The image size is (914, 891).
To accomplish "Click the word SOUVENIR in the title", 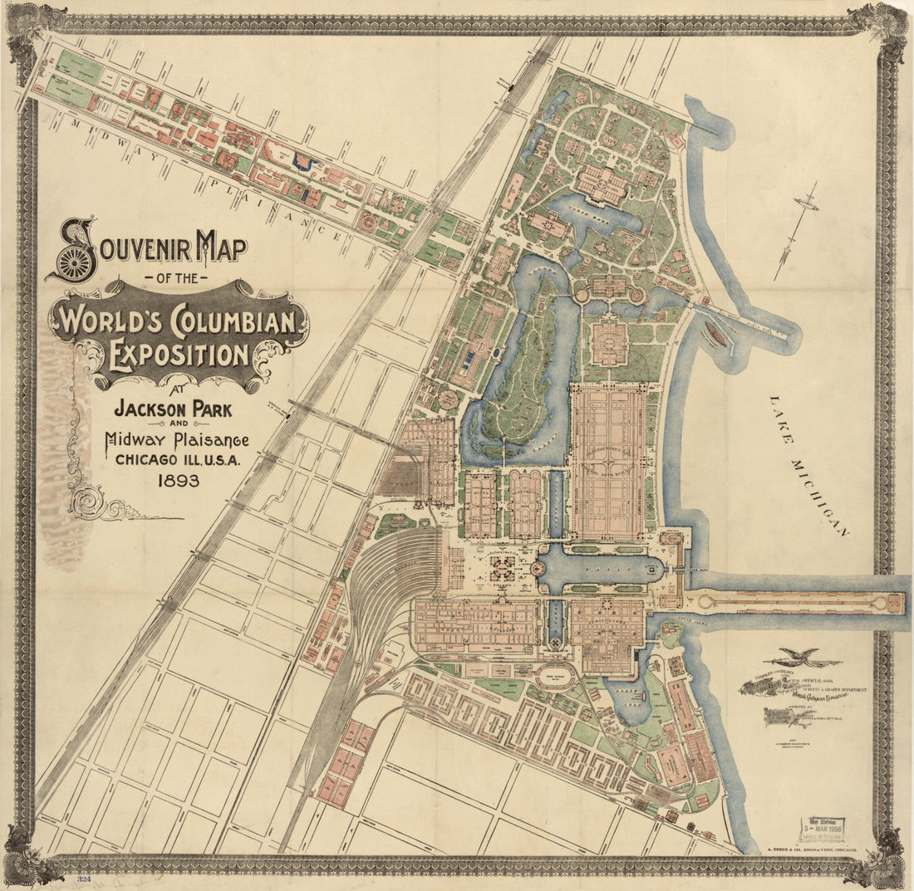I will coord(150,247).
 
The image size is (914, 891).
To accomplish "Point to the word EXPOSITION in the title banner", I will coord(179,355).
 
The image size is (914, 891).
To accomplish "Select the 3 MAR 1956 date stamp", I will coord(820,828).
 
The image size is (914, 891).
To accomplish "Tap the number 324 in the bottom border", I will coord(83,877).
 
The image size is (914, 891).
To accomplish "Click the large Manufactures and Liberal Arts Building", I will coord(607,461).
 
